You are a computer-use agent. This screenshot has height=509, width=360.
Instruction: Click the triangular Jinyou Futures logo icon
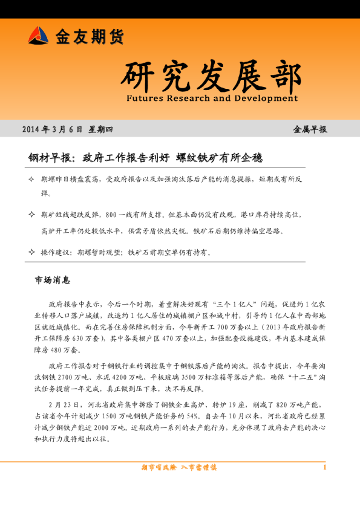pos(38,36)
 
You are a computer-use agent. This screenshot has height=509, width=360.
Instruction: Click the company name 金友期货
pos(90,37)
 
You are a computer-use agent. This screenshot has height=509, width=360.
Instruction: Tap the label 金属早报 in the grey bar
pos(310,129)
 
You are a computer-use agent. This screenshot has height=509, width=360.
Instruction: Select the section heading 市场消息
pos(53,280)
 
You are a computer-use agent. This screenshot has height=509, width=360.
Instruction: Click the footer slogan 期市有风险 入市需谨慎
pos(179,467)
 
